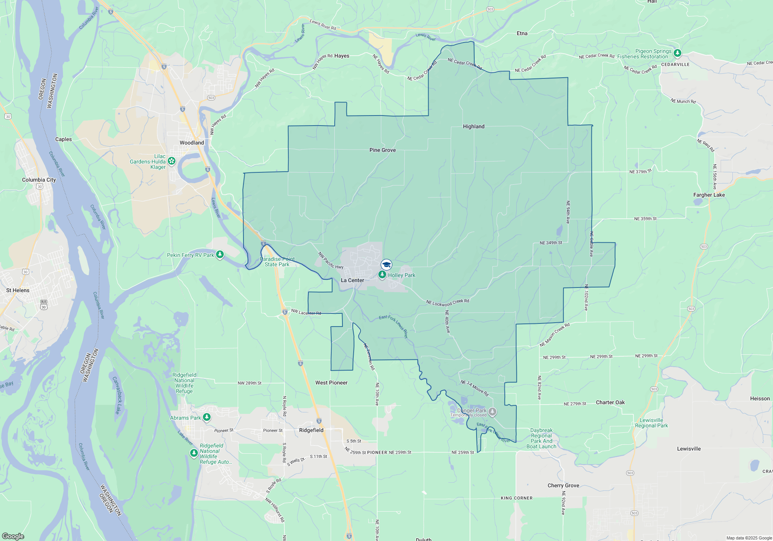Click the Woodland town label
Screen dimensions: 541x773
pos(192,143)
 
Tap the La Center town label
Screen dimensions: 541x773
pos(352,280)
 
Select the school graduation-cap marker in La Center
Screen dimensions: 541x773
pos(386,265)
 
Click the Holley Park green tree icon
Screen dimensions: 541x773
pos(382,274)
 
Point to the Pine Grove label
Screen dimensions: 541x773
pos(382,150)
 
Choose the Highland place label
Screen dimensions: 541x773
pos(473,126)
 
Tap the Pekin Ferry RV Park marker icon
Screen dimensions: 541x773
pos(220,254)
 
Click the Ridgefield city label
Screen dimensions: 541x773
pos(311,430)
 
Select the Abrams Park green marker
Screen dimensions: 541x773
pos(207,417)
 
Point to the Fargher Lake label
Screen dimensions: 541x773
pos(709,195)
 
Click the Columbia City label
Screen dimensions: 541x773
pos(39,180)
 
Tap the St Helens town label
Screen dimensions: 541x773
pos(18,290)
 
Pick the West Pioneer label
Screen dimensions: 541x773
pos(331,383)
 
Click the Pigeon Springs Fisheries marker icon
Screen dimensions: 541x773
pos(677,53)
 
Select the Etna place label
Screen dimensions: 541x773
pos(522,33)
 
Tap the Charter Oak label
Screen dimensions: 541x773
pos(610,402)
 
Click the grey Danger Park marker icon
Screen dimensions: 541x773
pos(492,412)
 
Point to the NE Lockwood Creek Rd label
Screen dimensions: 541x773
pos(448,303)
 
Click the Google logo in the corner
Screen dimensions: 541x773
pos(13,536)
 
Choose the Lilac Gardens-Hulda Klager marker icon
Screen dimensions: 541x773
pos(172,161)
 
